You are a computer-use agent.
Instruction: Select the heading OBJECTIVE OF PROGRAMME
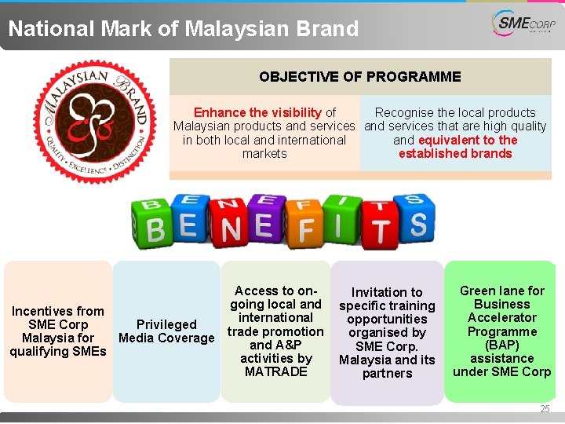360,77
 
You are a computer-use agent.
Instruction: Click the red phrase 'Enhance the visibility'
257,113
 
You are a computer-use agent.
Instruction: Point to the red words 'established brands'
455,154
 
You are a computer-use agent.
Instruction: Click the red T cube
380,229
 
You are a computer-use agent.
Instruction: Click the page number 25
545,409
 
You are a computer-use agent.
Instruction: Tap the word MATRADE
276,372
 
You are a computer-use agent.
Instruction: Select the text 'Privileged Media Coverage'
166,331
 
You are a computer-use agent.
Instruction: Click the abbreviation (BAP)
502,345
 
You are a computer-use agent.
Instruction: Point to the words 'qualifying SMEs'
58,352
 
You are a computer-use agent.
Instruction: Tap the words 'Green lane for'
502,291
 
